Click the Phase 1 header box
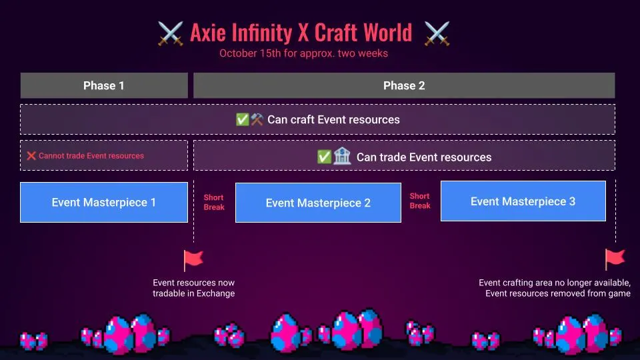(x=103, y=85)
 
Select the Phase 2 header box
(x=403, y=85)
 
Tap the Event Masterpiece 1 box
(x=103, y=202)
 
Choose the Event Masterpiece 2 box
(x=318, y=203)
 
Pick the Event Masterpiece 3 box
(x=523, y=201)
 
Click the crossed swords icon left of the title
(x=170, y=33)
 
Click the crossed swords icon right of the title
(x=437, y=33)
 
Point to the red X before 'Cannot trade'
(x=31, y=156)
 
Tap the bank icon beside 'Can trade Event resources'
(x=343, y=157)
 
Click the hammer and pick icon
(x=257, y=120)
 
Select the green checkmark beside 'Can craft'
(x=243, y=120)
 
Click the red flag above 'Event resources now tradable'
(x=193, y=260)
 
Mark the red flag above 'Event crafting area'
(x=614, y=259)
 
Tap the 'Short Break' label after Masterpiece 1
(x=214, y=202)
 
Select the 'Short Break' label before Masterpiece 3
(x=420, y=201)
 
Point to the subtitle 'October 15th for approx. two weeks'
(x=303, y=53)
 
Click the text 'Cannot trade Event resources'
(x=91, y=156)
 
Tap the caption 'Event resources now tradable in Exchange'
(x=193, y=288)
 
